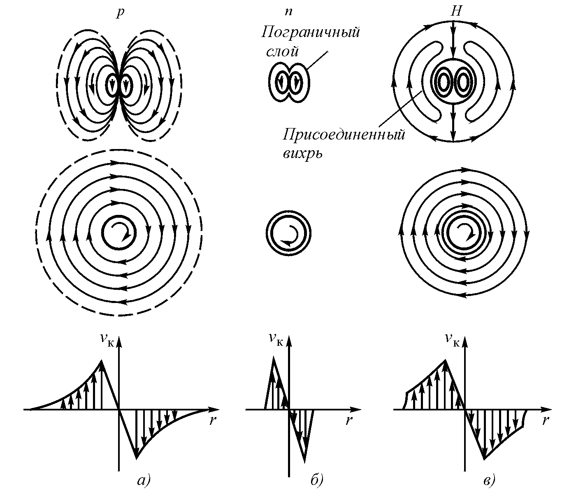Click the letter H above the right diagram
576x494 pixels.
point(455,12)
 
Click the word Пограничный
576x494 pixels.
point(311,32)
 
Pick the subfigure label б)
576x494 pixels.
point(317,480)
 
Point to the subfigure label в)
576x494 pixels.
point(488,480)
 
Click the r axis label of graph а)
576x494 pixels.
point(213,421)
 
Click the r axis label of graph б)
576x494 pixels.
point(348,421)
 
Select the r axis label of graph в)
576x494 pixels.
point(546,421)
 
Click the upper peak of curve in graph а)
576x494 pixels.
point(102,361)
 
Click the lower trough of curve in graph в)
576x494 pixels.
point(485,458)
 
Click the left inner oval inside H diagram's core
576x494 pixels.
point(444,82)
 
